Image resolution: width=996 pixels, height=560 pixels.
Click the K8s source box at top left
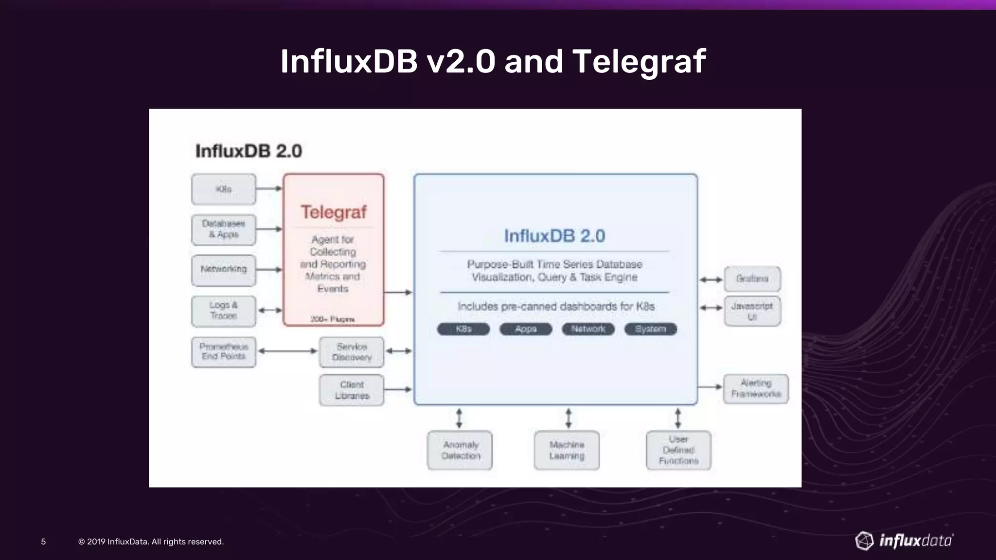tap(223, 189)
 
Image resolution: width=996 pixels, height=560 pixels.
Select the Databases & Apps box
tap(223, 229)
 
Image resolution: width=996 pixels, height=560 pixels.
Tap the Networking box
tap(223, 269)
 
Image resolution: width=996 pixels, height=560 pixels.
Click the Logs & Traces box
tap(223, 311)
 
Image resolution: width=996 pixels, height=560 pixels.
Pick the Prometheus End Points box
tap(223, 351)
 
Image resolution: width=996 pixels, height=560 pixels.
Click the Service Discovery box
tap(352, 352)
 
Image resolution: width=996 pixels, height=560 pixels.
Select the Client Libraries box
tap(352, 390)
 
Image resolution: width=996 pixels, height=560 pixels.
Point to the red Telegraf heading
tap(334, 212)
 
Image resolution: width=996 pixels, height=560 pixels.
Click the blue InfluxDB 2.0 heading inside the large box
tap(554, 236)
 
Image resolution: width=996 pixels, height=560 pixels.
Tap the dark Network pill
tap(588, 329)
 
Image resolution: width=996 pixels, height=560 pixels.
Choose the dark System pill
tap(651, 329)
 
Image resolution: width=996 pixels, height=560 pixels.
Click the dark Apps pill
tap(526, 329)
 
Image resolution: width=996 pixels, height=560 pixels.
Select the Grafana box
tap(752, 279)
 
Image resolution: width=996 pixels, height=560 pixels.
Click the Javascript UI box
tap(752, 311)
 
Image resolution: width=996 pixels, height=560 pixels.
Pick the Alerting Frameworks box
tap(756, 388)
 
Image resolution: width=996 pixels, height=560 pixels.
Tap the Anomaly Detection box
tap(460, 450)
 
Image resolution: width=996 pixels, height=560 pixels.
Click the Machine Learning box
tap(567, 450)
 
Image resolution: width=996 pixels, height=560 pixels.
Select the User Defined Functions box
tap(678, 450)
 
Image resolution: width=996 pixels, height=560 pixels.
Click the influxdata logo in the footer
tap(904, 541)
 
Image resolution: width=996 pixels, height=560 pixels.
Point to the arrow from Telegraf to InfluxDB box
tap(398, 292)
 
